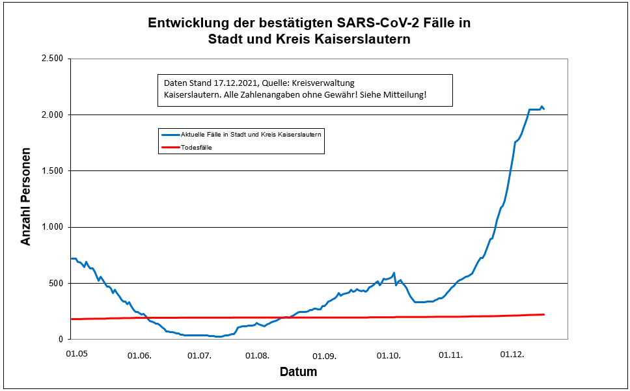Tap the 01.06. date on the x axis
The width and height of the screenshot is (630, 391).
[139, 355]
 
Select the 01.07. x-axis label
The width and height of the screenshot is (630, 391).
[199, 355]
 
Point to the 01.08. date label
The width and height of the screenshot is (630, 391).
[258, 355]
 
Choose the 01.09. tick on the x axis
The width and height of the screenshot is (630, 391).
[324, 355]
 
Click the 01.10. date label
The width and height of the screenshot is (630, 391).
[389, 355]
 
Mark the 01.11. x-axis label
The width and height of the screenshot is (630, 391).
[450, 355]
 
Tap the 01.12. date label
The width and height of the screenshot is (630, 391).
[512, 355]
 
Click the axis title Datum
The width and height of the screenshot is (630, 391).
[298, 373]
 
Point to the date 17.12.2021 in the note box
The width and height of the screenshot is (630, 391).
[232, 84]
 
